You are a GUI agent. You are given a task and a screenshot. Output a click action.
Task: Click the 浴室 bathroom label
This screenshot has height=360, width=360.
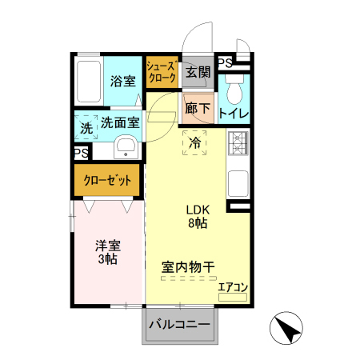pos(122,81)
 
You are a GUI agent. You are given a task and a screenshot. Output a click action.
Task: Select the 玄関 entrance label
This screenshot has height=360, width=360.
pos(198,72)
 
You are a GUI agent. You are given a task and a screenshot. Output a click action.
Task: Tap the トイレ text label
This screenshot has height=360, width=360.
pos(234,113)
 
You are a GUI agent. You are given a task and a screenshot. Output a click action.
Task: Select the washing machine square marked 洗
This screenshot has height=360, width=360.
pos(85,126)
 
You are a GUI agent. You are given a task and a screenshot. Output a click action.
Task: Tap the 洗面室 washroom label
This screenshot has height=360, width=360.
pos(120,123)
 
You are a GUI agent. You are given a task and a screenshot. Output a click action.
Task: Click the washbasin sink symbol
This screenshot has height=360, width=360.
pos(125,147)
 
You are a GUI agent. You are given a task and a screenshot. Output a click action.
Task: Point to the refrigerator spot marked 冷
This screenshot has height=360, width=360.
pos(195,143)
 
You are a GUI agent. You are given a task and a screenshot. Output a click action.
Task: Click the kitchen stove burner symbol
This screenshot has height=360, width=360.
pos(238,143)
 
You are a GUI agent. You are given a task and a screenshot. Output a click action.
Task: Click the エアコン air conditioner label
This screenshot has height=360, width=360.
pos(234,286)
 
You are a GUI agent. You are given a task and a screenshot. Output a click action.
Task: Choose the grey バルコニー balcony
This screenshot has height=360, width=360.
pos(180,326)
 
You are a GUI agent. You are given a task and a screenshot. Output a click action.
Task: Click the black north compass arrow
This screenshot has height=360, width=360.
pos(289,328)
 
